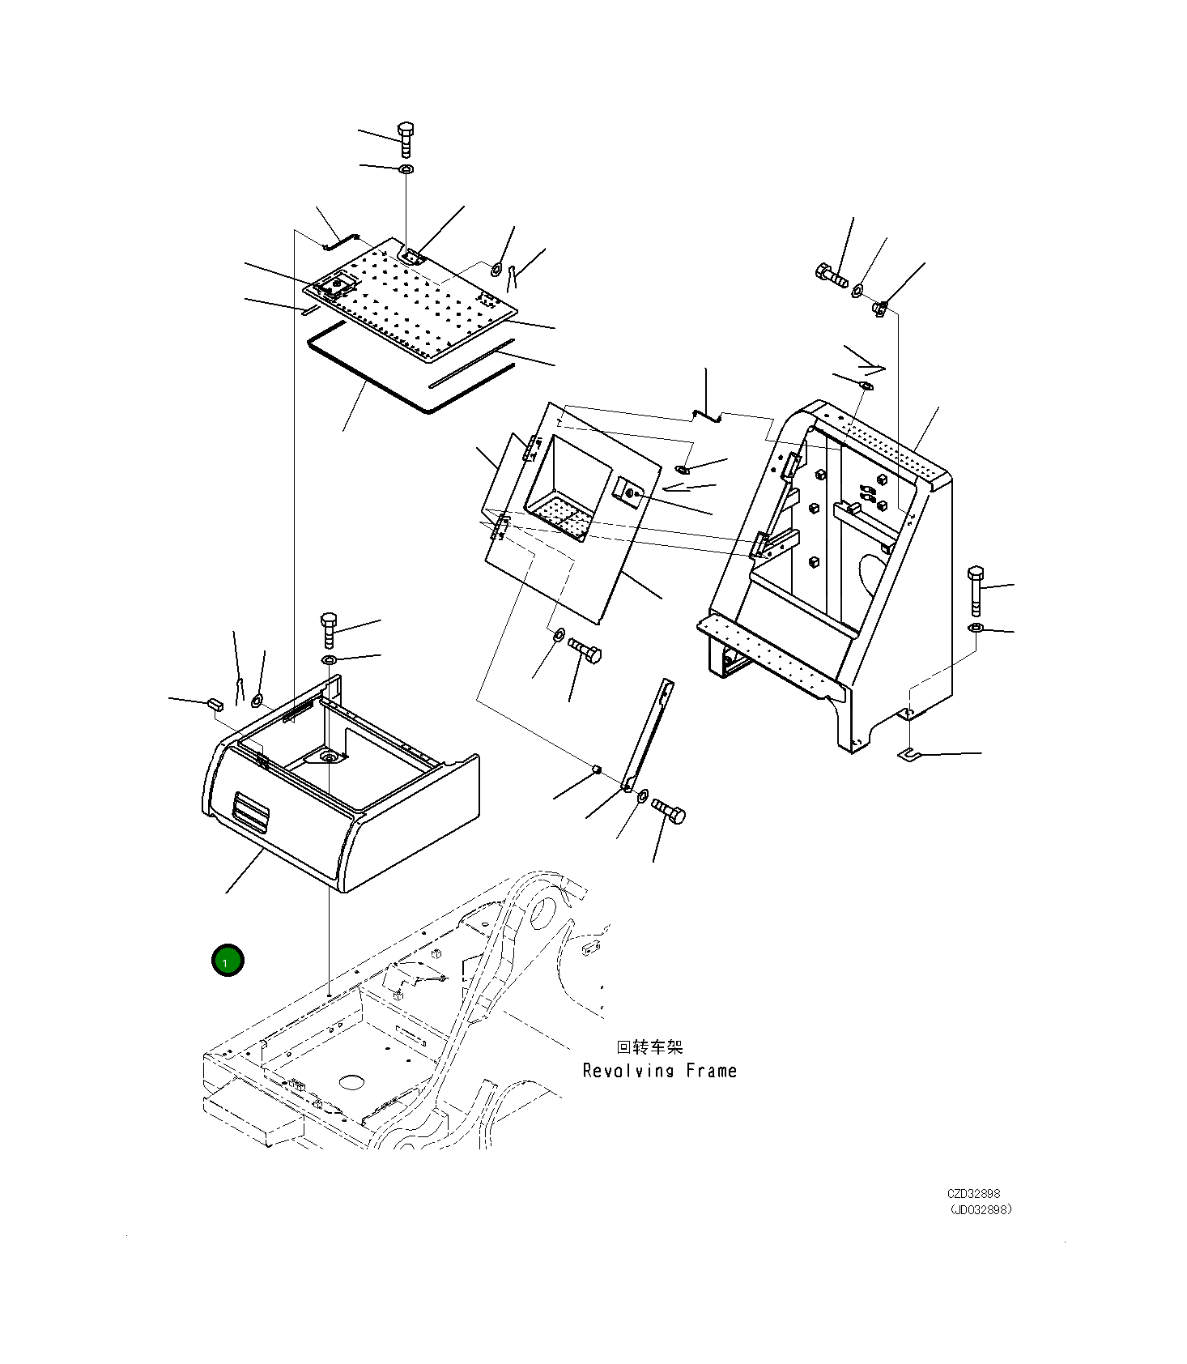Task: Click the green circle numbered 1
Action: (228, 961)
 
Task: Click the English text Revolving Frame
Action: (659, 1071)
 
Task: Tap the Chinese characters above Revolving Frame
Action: (649, 1047)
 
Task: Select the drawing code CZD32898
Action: (973, 1193)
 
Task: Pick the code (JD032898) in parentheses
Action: (981, 1209)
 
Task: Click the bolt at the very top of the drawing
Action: (406, 139)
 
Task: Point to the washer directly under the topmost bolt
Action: (406, 169)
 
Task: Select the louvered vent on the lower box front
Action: (250, 812)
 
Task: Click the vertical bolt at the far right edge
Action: (976, 590)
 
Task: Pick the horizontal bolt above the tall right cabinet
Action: (831, 275)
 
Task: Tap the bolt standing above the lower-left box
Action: (329, 629)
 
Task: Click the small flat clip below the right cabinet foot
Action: (911, 755)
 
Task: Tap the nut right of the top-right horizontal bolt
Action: (881, 308)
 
